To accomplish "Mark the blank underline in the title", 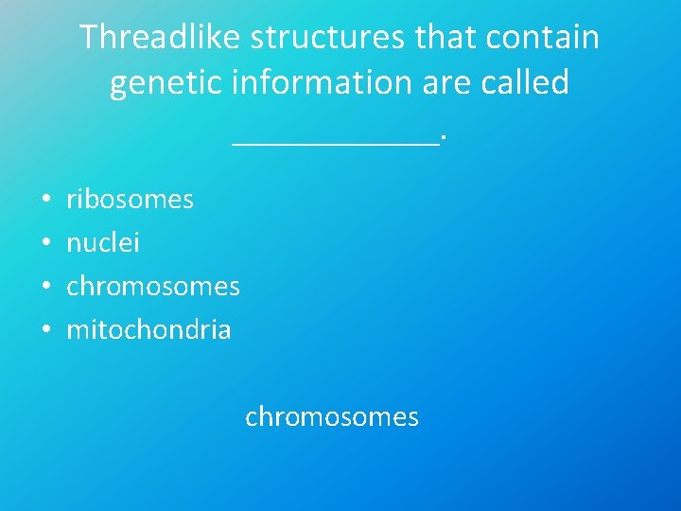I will click(336, 142).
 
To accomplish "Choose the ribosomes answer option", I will click(130, 200).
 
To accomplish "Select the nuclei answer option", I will click(103, 243).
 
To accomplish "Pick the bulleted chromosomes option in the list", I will click(153, 286).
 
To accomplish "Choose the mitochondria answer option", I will click(148, 329).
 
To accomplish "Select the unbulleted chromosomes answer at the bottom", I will click(332, 417).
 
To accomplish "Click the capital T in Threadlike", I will click(89, 38).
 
